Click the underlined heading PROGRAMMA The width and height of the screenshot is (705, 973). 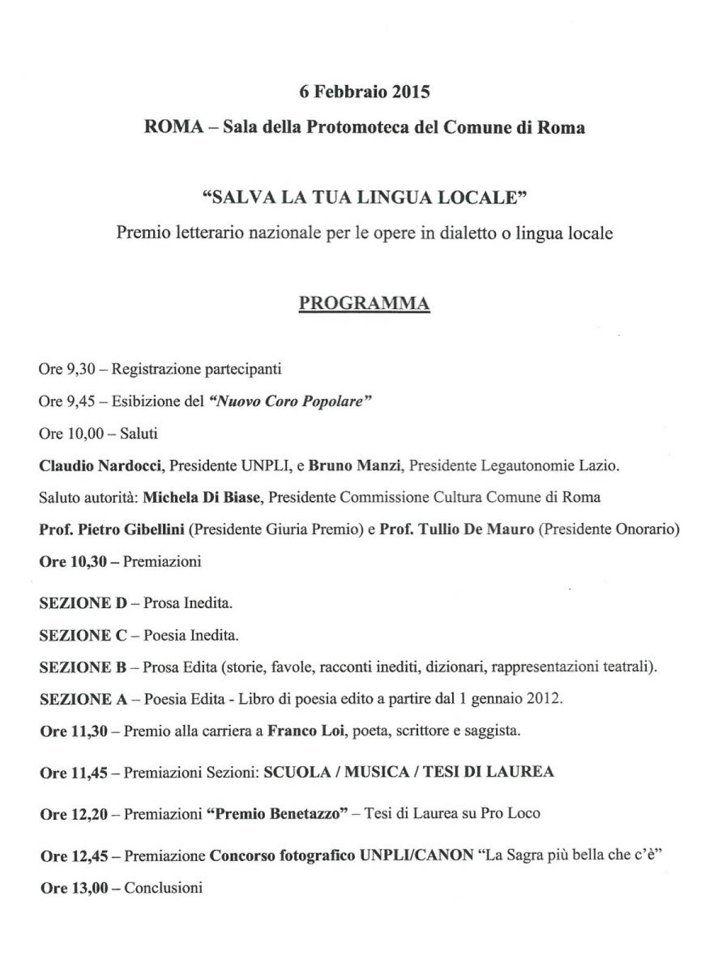pyautogui.click(x=364, y=303)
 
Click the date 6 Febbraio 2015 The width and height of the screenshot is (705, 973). pyautogui.click(x=364, y=92)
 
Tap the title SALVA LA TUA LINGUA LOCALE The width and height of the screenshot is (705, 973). pyautogui.click(x=364, y=198)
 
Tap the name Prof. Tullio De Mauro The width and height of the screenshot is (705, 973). pyautogui.click(x=456, y=530)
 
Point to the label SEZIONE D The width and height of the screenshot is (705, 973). pyautogui.click(x=83, y=603)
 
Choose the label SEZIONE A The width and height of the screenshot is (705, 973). pyautogui.click(x=83, y=699)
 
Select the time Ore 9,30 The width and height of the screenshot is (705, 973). pyautogui.click(x=67, y=369)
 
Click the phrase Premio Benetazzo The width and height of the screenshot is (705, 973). pyautogui.click(x=281, y=814)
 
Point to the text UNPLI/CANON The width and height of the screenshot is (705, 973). pyautogui.click(x=416, y=856)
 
